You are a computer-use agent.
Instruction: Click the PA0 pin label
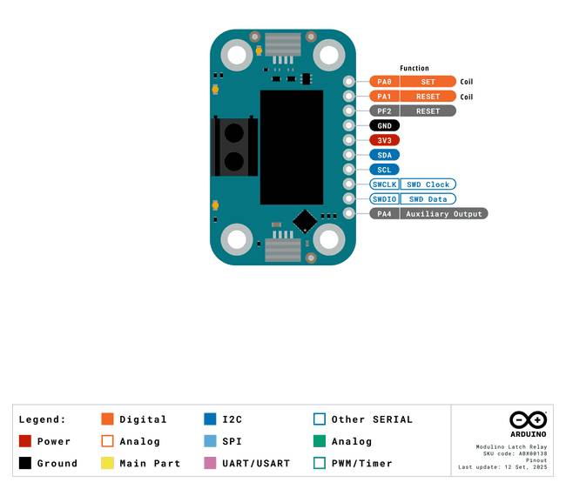(384, 82)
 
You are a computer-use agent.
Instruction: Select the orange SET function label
(428, 82)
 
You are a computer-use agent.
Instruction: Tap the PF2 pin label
(384, 111)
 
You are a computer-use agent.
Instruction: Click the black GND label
(384, 125)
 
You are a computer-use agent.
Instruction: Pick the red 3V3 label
(384, 140)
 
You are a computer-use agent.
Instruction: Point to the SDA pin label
(384, 155)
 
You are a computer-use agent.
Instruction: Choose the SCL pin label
(384, 170)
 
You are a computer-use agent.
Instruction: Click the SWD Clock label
(428, 184)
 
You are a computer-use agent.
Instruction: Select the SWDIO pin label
(384, 199)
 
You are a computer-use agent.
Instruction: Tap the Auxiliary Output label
(444, 214)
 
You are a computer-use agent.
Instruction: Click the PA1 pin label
(384, 97)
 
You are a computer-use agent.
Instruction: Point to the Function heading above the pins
(414, 68)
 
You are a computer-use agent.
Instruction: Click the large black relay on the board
(292, 147)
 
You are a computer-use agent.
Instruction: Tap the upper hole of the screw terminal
(234, 133)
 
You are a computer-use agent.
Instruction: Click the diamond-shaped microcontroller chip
(305, 221)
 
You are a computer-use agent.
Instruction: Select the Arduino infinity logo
(528, 420)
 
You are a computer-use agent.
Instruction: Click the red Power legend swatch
(25, 441)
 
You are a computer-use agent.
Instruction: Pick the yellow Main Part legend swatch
(108, 463)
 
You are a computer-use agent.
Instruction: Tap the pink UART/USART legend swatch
(210, 463)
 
